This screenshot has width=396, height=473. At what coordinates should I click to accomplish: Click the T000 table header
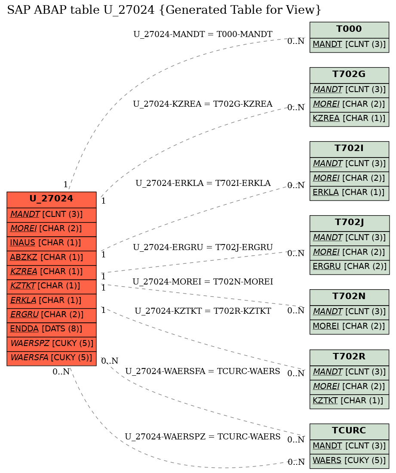pyautogui.click(x=349, y=30)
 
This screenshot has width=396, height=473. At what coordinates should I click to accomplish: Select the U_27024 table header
pyautogui.click(x=52, y=199)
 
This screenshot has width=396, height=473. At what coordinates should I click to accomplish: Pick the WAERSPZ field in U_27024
pyautogui.click(x=52, y=343)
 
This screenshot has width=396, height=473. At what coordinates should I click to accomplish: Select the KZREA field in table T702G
pyautogui.click(x=349, y=118)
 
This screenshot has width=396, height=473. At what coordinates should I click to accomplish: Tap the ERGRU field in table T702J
pyautogui.click(x=349, y=267)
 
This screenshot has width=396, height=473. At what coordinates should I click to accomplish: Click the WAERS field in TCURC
pyautogui.click(x=349, y=461)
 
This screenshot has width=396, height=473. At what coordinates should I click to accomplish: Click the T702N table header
pyautogui.click(x=349, y=297)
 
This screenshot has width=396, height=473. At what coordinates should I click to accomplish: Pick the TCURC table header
pyautogui.click(x=349, y=431)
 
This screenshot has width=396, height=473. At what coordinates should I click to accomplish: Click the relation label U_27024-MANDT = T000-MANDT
pyautogui.click(x=203, y=34)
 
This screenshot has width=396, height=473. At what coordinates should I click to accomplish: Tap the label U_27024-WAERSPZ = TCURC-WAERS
pyautogui.click(x=203, y=437)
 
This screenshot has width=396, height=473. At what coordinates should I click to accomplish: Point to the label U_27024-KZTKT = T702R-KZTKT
pyautogui.click(x=203, y=311)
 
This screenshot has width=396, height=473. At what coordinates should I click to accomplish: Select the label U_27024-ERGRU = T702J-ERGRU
pyautogui.click(x=203, y=247)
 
